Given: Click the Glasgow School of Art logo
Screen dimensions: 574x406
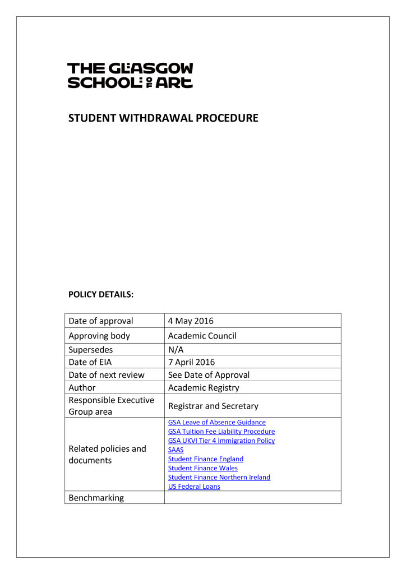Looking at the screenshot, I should [130, 76].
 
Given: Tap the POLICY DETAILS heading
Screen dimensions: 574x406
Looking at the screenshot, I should [100, 294].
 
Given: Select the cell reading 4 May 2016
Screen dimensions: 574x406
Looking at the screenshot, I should [191, 321].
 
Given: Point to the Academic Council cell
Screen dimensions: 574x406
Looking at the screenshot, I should [202, 336].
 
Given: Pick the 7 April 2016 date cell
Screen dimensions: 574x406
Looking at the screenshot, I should [191, 362].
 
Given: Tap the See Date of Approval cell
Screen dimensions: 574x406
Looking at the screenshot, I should [209, 375].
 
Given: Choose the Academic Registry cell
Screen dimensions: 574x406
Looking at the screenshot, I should [204, 387].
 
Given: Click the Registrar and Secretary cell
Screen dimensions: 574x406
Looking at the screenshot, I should [213, 405].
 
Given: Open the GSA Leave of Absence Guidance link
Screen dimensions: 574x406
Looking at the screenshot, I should [216, 422].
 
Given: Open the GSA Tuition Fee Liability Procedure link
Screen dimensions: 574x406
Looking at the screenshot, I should [221, 432].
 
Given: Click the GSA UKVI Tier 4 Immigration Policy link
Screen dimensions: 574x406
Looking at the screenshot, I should [221, 441].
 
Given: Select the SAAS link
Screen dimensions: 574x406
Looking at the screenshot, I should [176, 450].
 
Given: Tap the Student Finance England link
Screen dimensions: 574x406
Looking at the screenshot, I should [205, 459].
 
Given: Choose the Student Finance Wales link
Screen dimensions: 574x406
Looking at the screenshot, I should [202, 468].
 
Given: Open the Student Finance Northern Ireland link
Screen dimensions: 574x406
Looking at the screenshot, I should [219, 477].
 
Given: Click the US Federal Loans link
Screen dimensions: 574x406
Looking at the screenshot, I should [194, 487].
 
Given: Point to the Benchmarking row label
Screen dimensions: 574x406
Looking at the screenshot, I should [96, 498].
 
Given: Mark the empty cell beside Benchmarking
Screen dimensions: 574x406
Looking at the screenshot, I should [252, 498].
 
